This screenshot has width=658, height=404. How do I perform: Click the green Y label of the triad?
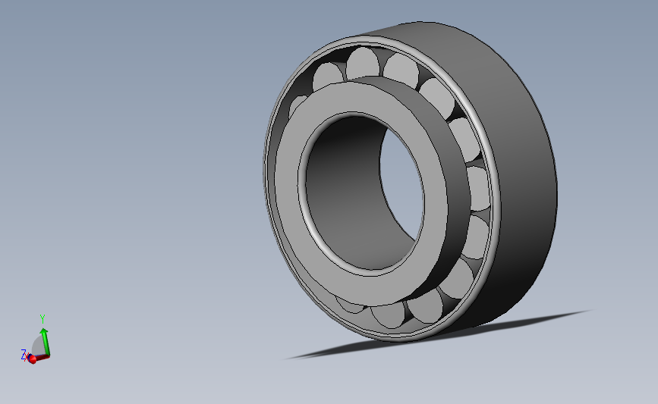pos(43,319)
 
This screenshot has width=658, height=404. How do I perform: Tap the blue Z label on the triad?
pos(24,355)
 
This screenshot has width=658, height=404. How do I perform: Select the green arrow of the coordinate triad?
pos(45,342)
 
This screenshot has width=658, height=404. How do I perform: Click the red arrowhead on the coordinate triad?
pos(32,359)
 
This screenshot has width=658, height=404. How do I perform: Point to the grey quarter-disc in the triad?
pos(38,346)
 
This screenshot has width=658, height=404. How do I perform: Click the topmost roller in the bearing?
pos(363,63)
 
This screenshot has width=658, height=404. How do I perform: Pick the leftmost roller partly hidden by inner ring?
pos(298,105)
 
